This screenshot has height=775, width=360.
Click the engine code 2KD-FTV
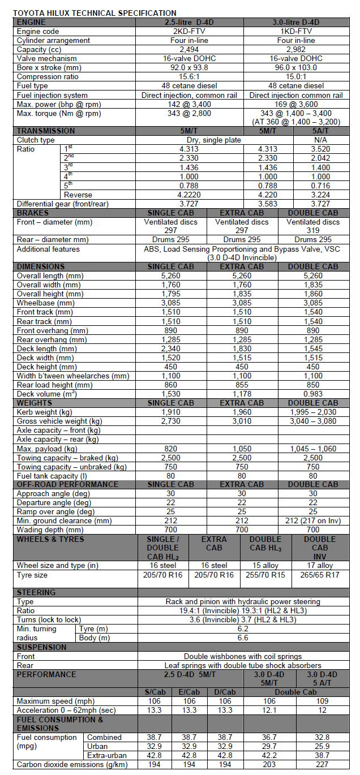click(x=190, y=31)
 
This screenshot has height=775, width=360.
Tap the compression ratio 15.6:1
click(x=190, y=76)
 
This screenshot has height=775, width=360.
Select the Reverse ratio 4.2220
click(x=190, y=195)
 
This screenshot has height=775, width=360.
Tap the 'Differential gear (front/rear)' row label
click(x=62, y=204)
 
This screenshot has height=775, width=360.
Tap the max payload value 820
click(x=170, y=449)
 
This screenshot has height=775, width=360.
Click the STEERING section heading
click(x=36, y=592)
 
